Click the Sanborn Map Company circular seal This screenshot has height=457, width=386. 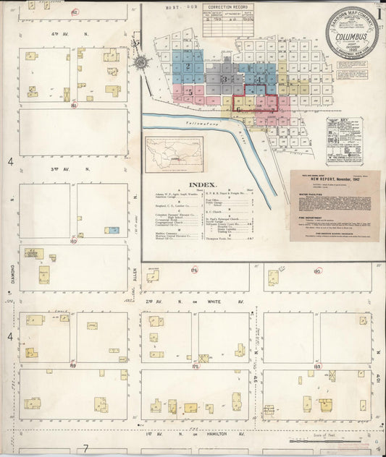[x=352, y=33]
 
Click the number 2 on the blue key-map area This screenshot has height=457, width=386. [x=188, y=67]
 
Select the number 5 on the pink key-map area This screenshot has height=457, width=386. [x=190, y=93]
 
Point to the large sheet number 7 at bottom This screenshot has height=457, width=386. [x=85, y=448]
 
